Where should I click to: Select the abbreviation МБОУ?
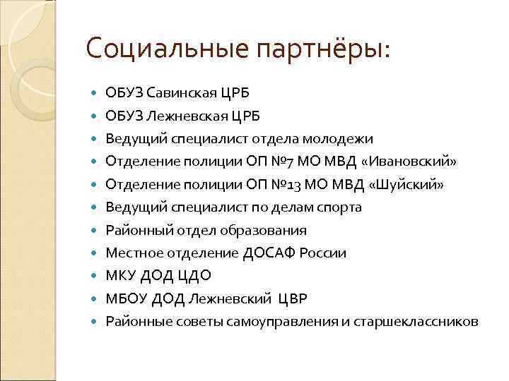pos(124,298)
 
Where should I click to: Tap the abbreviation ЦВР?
pos(293,298)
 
